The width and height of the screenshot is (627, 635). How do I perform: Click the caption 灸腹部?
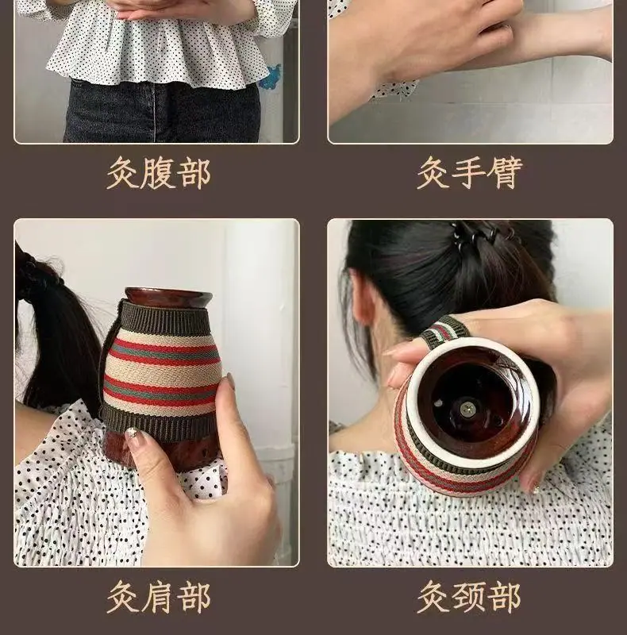click(159, 173)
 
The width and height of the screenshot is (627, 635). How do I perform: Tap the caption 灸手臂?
click(470, 173)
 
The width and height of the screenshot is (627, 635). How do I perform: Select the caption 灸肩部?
click(159, 598)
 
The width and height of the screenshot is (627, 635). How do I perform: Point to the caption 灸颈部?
click(469, 598)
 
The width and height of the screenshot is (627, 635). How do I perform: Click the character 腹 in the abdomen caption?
click(159, 173)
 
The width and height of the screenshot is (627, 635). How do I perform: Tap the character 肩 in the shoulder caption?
click(159, 598)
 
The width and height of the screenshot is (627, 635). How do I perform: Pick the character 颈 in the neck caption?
click(469, 598)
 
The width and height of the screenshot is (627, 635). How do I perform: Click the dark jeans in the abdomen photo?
click(161, 111)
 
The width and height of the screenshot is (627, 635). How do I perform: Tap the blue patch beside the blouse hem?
click(270, 77)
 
